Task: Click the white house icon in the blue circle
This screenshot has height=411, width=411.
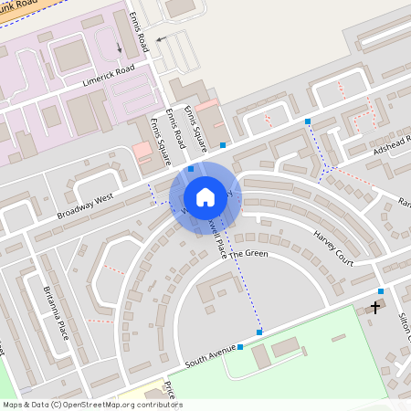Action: point(205,196)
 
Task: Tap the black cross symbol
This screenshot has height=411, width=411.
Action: point(374,308)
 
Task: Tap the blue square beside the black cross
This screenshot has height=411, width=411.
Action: point(381,291)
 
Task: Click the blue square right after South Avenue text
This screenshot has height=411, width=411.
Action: point(239,346)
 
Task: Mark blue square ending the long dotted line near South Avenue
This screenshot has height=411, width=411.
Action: point(259,332)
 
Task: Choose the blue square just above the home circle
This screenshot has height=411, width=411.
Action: point(191,168)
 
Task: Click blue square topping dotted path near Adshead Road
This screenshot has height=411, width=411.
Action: point(308,121)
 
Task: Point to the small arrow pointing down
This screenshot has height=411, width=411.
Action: point(119,47)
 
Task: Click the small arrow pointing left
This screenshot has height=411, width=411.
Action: point(161,39)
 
